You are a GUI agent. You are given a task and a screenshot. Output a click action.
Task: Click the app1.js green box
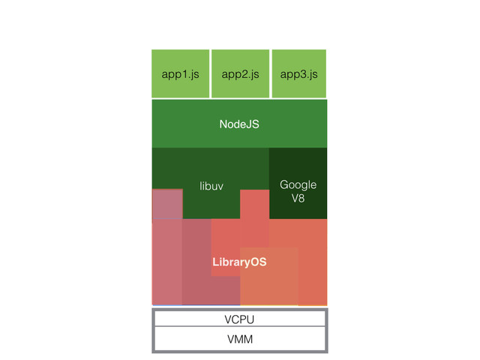180,73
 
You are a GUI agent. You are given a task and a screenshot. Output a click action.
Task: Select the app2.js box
240,73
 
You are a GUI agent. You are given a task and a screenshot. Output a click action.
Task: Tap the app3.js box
298,73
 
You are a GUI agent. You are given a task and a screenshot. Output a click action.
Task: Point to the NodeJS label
239,124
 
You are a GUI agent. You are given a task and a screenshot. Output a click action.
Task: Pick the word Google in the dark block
298,184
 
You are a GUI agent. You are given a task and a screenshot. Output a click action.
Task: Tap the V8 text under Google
298,199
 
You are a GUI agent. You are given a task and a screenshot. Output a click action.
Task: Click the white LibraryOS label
239,262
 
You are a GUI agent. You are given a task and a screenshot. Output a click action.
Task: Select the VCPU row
239,319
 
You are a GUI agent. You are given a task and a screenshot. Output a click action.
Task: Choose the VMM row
239,340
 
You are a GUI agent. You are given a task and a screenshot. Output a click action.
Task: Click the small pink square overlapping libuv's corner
167,204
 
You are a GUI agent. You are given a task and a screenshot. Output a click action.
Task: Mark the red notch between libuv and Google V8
254,204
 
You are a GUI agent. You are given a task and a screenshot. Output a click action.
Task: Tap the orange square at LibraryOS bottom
268,277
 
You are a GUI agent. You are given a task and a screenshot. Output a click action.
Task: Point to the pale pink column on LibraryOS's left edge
166,262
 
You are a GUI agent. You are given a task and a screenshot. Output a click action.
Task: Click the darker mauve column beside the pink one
196,262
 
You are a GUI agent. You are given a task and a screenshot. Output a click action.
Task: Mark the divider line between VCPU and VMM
239,328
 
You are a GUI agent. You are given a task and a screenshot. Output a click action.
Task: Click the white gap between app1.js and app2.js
210,73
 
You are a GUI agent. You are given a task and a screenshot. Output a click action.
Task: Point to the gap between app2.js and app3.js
270,73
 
